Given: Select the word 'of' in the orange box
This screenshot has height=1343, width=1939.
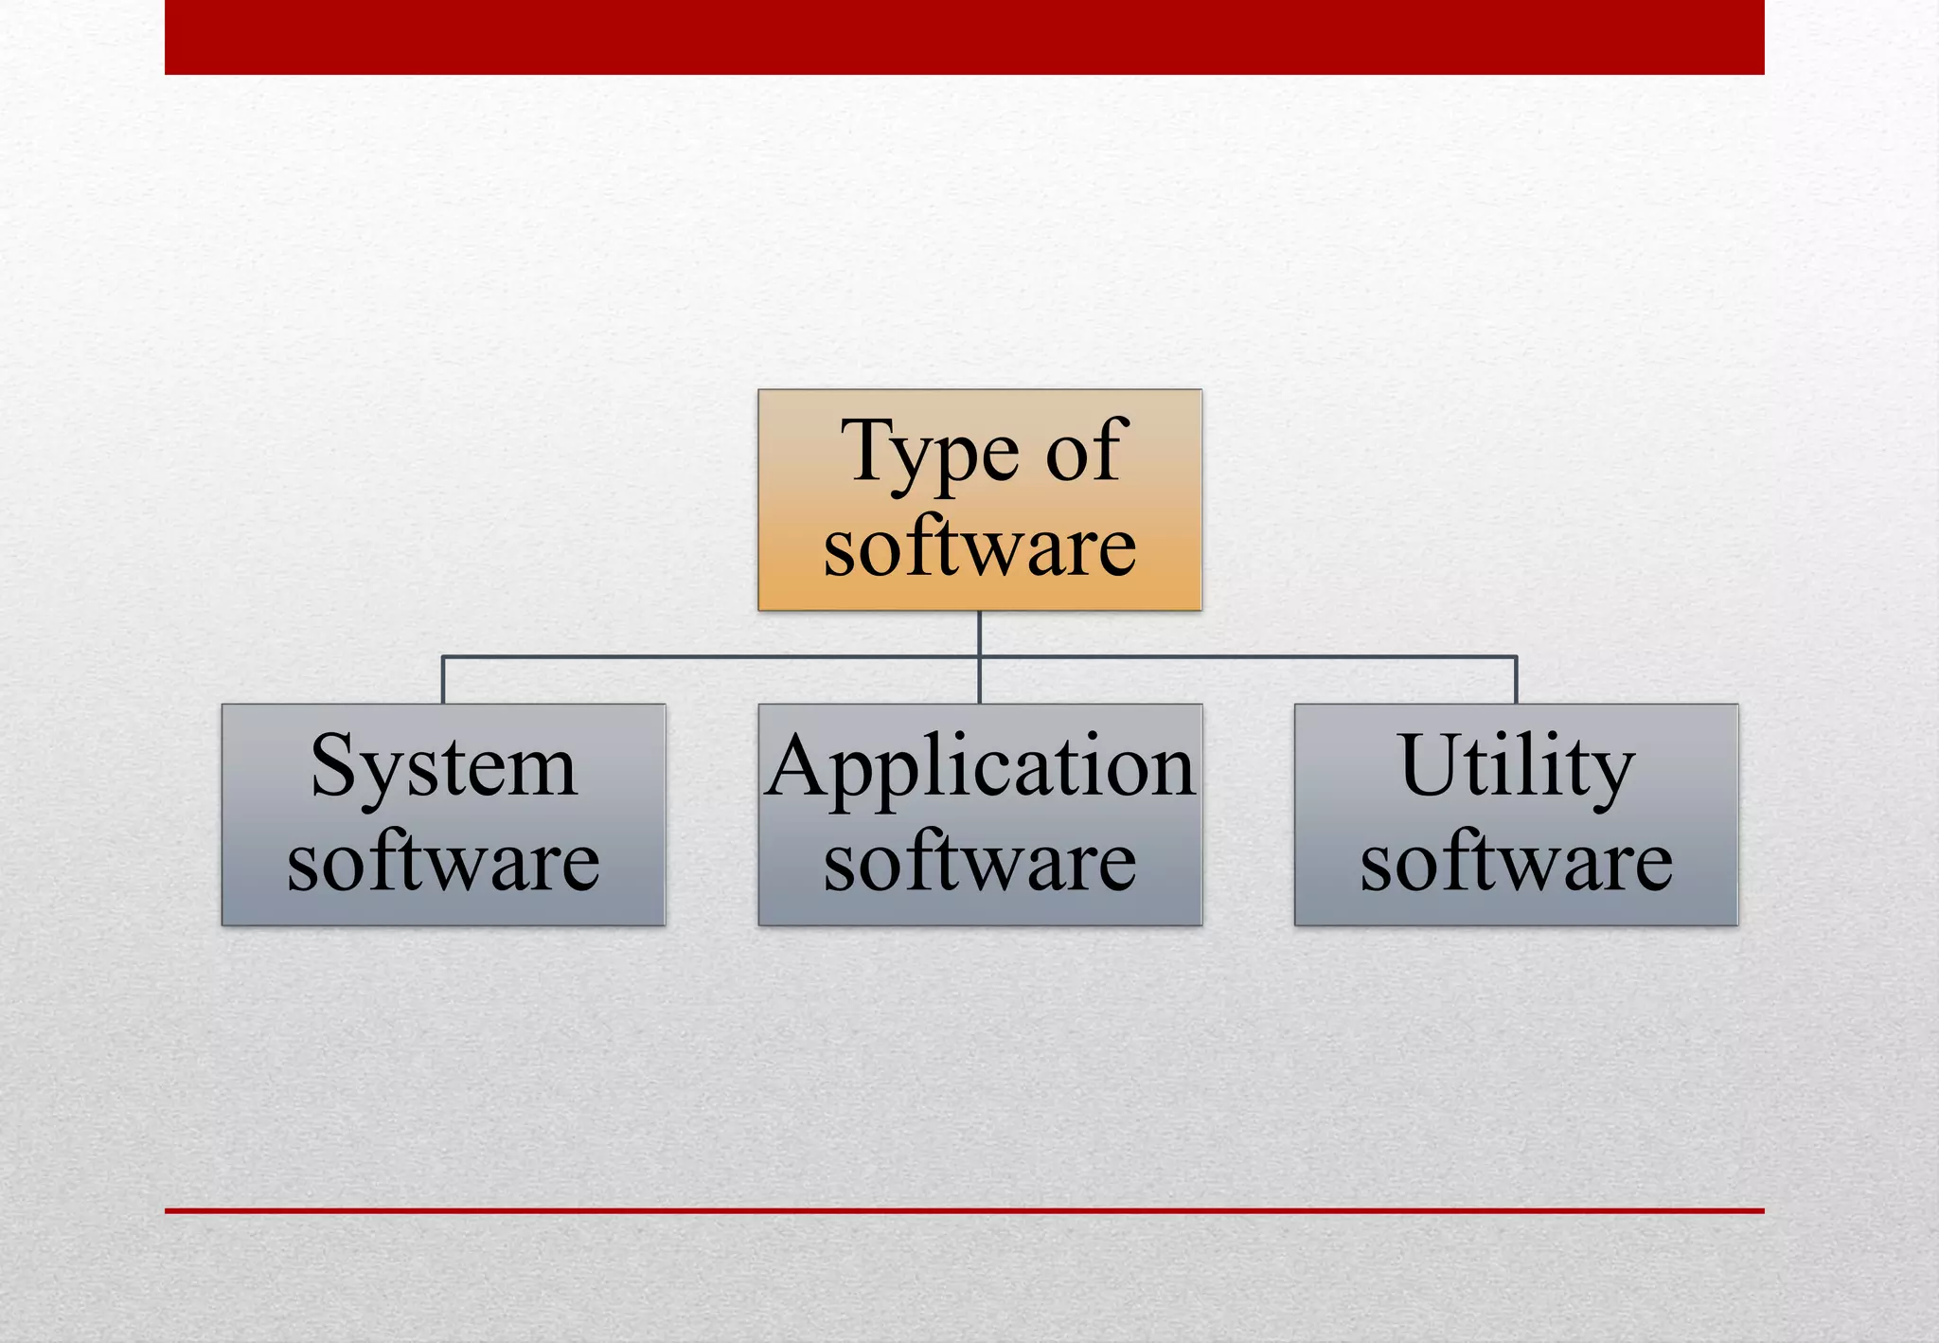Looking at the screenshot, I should point(1087,452).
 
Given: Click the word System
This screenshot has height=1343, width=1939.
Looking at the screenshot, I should point(443,767).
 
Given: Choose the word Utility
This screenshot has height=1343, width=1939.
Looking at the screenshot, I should point(1516,767).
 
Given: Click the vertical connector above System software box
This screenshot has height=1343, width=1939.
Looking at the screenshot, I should point(443,680).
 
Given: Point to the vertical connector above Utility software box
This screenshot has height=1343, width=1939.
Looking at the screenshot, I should point(1516,680).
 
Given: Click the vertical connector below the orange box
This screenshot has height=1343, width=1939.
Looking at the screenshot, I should point(979,633).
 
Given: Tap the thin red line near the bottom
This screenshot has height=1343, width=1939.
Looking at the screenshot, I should point(964,1210).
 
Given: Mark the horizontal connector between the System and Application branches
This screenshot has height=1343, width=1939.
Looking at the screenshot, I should point(710,656).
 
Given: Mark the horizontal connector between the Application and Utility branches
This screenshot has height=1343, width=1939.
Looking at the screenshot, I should point(1248,656).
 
